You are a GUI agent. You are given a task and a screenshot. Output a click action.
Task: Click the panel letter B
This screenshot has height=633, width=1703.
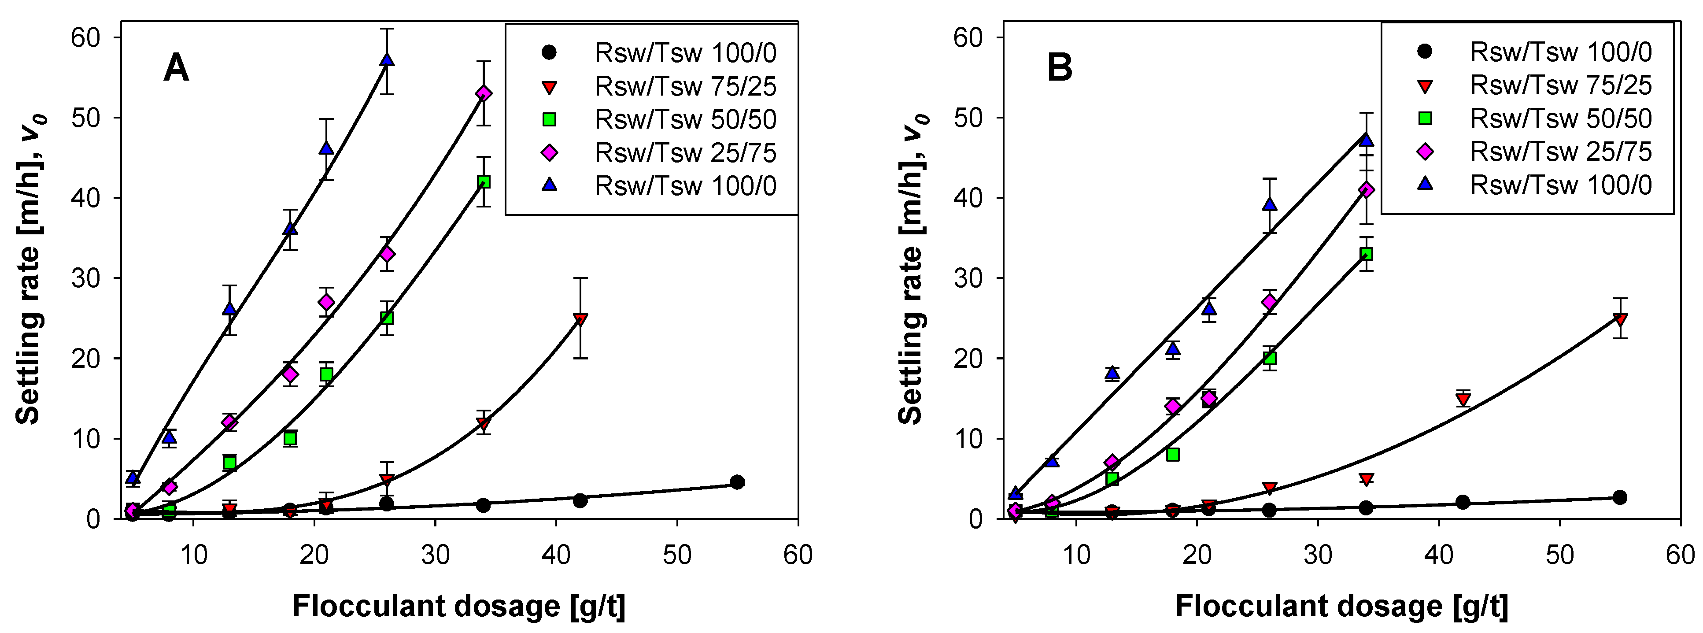tap(1059, 67)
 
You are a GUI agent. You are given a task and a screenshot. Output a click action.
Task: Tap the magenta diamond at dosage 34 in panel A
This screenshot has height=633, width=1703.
tap(484, 93)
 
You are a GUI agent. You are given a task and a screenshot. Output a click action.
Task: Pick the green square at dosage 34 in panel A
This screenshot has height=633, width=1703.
tap(484, 182)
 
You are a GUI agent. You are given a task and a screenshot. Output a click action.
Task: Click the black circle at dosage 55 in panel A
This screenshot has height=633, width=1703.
tap(737, 481)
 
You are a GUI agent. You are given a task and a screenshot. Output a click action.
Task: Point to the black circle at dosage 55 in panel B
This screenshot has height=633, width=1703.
tap(1620, 497)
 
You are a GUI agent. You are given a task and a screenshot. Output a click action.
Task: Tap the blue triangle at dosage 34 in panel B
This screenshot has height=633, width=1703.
tap(1367, 140)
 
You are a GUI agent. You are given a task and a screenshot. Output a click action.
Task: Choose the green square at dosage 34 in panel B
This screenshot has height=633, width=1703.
tap(1367, 254)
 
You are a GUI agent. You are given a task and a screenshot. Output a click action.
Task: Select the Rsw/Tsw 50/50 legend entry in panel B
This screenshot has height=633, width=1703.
tap(1560, 118)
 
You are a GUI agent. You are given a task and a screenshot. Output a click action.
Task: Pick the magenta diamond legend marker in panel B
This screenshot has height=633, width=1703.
tap(1426, 152)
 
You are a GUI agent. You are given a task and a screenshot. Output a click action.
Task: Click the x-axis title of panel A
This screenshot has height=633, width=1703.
tap(459, 606)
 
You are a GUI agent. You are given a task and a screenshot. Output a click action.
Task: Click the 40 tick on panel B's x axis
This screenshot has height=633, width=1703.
tap(1439, 554)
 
